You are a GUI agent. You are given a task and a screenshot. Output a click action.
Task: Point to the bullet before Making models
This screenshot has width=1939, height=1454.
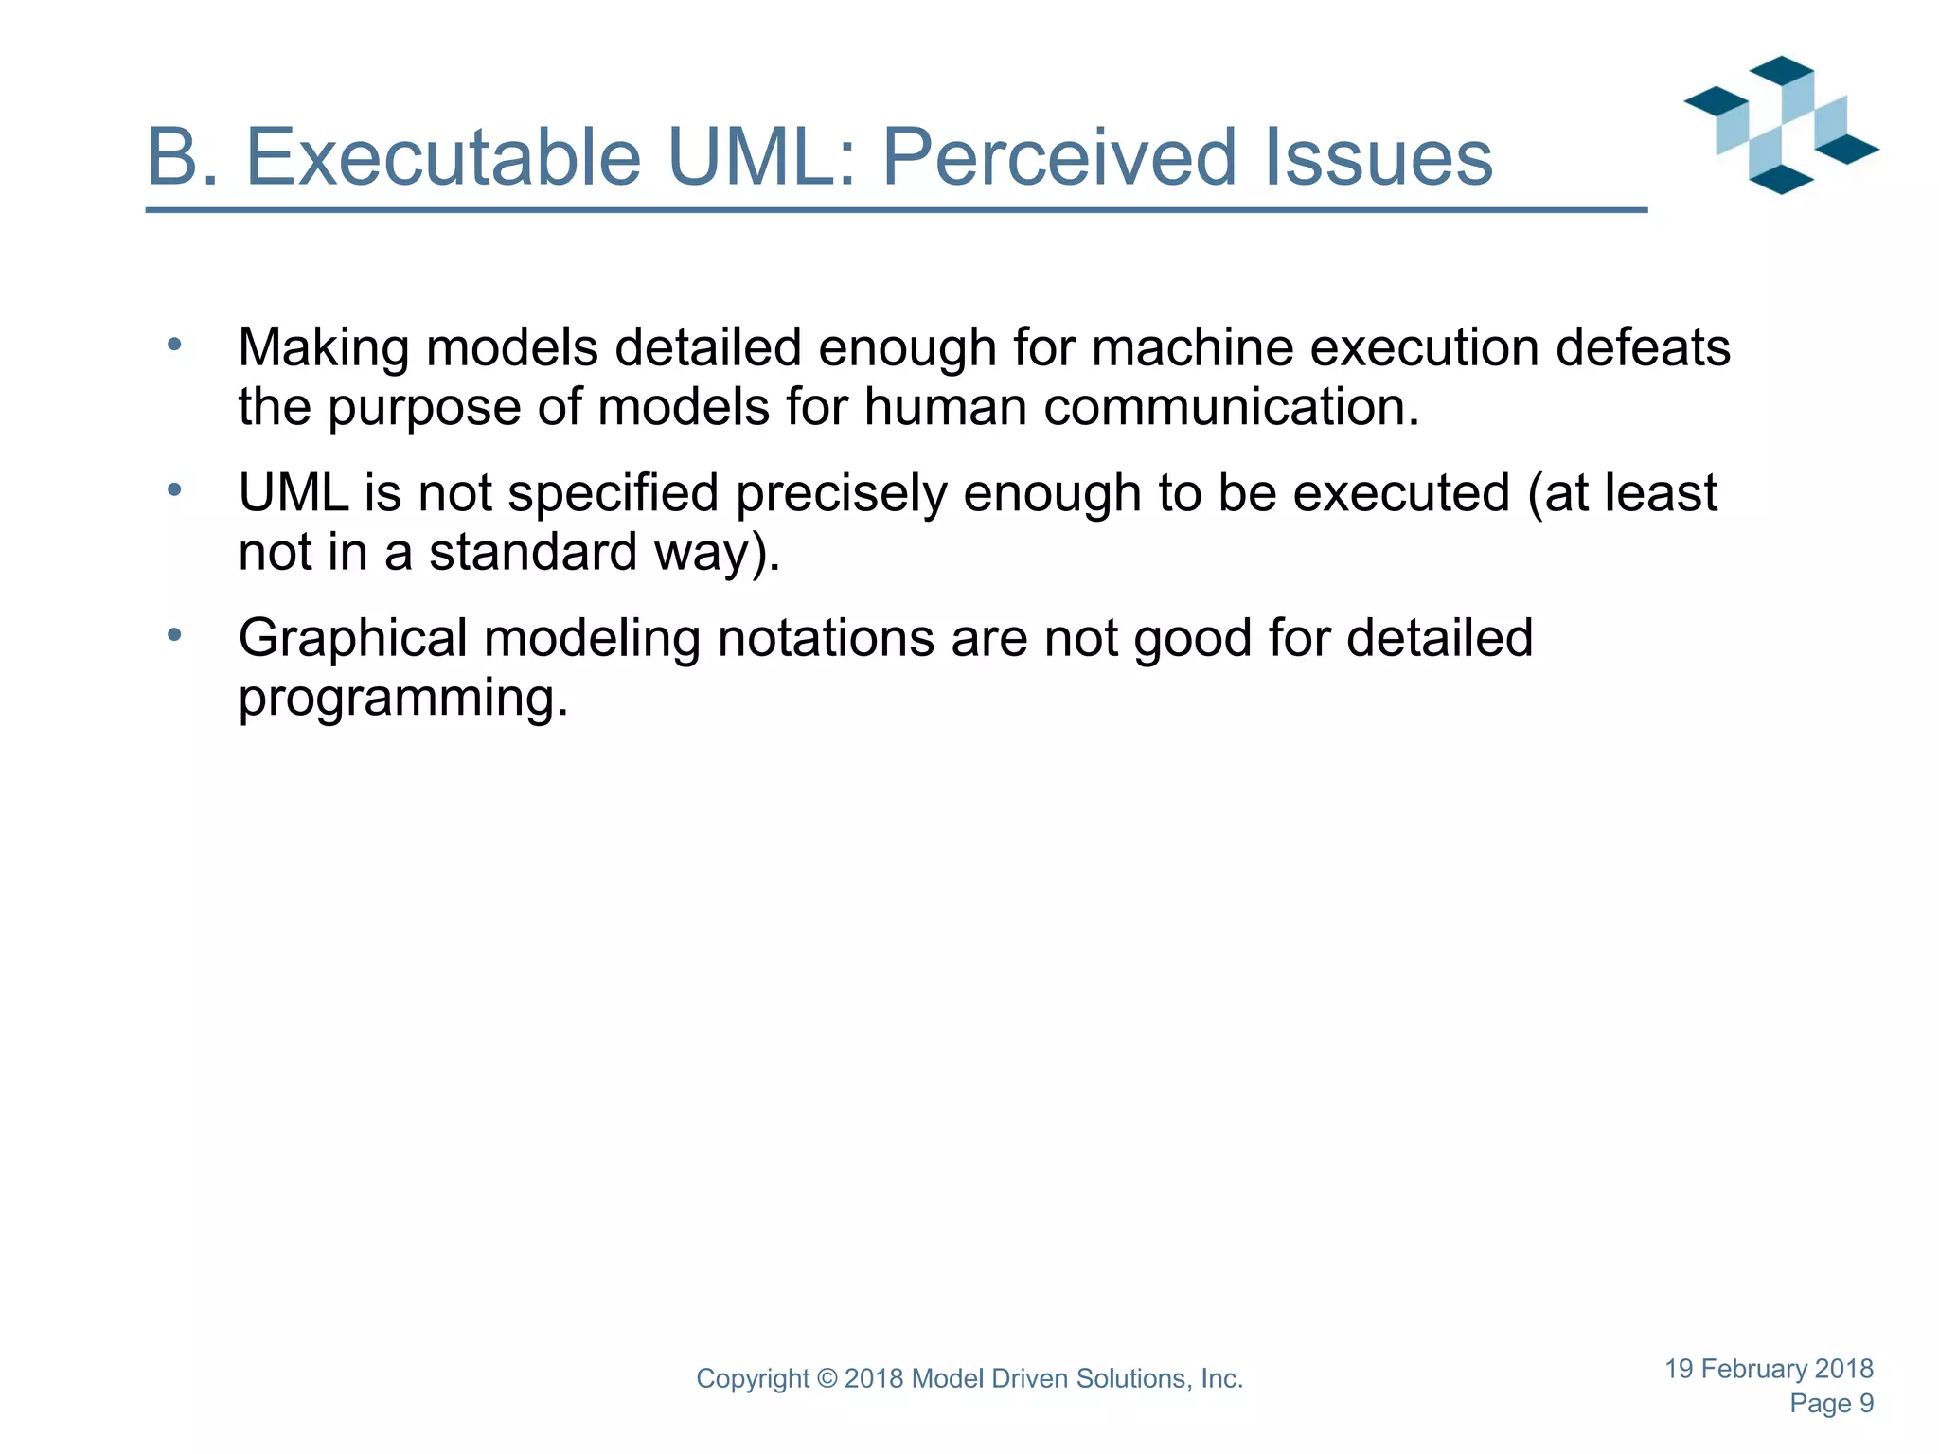(x=173, y=346)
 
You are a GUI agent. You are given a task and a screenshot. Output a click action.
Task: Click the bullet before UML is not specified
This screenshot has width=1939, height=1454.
(x=173, y=490)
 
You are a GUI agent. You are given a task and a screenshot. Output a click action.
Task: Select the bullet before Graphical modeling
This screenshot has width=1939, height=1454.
(x=173, y=635)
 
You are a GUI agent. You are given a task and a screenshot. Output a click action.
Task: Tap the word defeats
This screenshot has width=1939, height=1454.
(x=1643, y=347)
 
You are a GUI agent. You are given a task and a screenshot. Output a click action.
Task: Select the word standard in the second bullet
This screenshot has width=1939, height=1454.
(x=533, y=552)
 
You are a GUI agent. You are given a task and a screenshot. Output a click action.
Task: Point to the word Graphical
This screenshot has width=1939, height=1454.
(x=352, y=639)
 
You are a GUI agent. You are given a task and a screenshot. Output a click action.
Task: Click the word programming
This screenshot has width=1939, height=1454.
(x=402, y=699)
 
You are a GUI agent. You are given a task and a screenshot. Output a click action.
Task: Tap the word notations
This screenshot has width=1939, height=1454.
(x=825, y=639)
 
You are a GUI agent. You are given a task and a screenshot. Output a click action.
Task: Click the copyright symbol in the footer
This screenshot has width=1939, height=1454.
(x=827, y=1379)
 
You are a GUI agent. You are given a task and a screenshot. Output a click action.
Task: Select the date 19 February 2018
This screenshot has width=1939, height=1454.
(x=1769, y=1369)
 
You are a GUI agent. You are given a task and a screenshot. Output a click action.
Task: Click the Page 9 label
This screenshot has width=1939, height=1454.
(x=1831, y=1404)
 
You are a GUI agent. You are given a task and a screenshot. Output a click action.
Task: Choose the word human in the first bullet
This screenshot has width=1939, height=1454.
(x=945, y=407)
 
